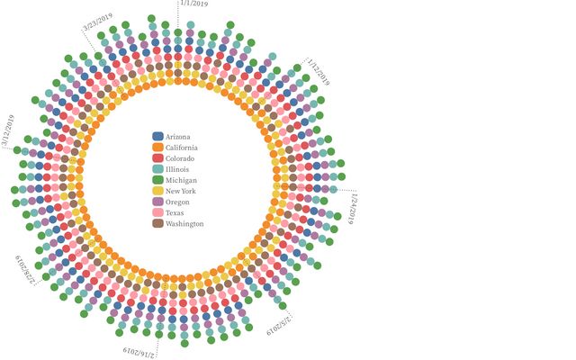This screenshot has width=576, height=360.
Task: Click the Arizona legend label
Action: tap(178, 136)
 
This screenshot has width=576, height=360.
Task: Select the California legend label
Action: tap(182, 147)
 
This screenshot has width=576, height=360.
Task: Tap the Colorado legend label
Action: tap(180, 157)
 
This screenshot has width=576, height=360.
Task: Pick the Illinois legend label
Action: tap(178, 168)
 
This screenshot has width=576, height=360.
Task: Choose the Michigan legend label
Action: tap(181, 179)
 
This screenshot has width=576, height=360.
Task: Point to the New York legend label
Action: tap(181, 191)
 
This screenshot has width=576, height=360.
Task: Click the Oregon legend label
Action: tap(178, 202)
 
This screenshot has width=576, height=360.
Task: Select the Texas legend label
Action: tap(175, 212)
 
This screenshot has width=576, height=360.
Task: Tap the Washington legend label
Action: tap(184, 223)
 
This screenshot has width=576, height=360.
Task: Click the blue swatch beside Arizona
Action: tap(157, 136)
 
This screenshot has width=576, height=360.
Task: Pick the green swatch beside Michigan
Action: tap(157, 179)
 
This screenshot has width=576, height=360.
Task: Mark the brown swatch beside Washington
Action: tap(157, 223)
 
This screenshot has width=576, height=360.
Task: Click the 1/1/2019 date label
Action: tap(194, 4)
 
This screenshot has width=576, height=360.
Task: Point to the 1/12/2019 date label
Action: tap(318, 71)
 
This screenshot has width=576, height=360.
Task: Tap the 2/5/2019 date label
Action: tap(279, 325)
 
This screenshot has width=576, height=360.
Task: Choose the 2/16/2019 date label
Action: tap(138, 350)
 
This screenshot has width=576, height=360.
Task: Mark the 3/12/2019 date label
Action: tap(8, 130)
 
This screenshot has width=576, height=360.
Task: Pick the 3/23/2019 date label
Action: tap(98, 21)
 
